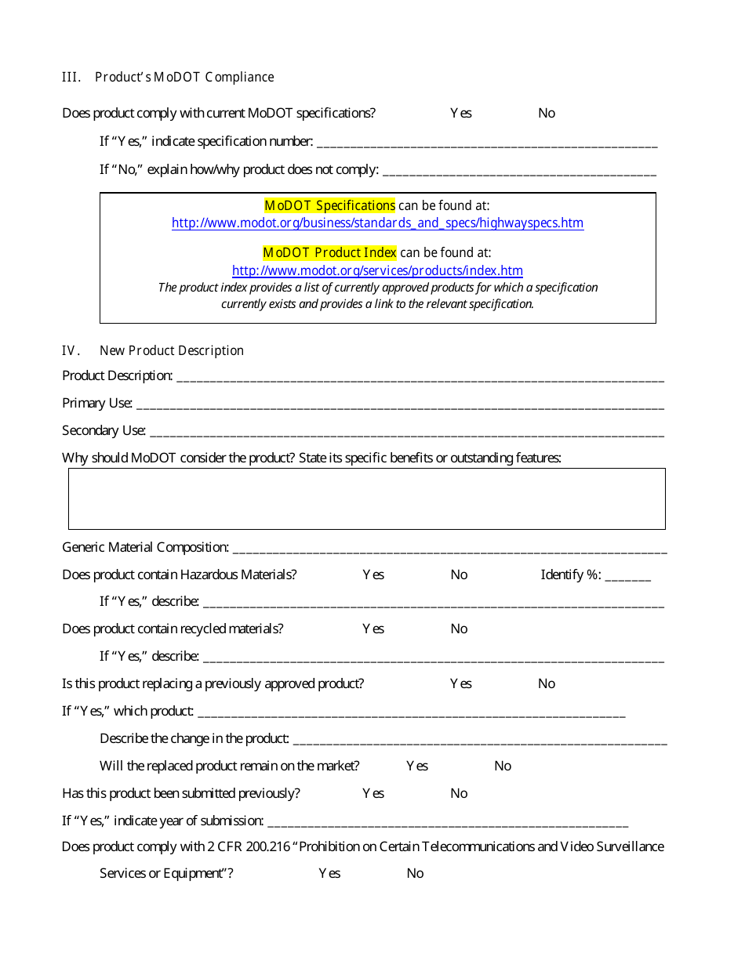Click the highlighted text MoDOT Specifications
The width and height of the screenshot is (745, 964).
tap(329, 205)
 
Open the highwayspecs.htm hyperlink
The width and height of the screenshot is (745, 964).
tap(377, 223)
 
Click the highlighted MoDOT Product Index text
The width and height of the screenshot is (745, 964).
tap(329, 252)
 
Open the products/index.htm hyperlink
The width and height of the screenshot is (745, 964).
tap(377, 270)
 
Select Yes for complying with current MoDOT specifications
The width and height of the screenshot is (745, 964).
tap(460, 113)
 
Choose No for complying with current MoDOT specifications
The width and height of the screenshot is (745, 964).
tap(546, 113)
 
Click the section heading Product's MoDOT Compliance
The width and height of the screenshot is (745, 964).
tap(184, 77)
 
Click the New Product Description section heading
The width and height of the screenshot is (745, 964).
tap(171, 350)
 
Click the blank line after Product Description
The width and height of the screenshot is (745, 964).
tap(420, 377)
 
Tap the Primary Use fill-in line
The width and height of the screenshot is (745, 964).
tap(399, 404)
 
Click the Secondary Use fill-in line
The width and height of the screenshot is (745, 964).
tap(406, 432)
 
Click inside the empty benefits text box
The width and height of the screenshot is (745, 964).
tap(366, 498)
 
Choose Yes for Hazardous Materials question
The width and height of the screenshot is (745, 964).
tap(373, 574)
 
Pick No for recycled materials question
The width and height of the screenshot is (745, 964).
tap(459, 629)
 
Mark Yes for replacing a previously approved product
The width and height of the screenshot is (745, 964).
tap(460, 683)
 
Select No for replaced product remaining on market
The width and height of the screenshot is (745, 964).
tap(503, 766)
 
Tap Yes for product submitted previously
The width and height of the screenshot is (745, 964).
tap(373, 793)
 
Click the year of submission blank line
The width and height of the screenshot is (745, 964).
tap(447, 822)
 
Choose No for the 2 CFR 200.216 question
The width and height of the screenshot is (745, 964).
tap(415, 873)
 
